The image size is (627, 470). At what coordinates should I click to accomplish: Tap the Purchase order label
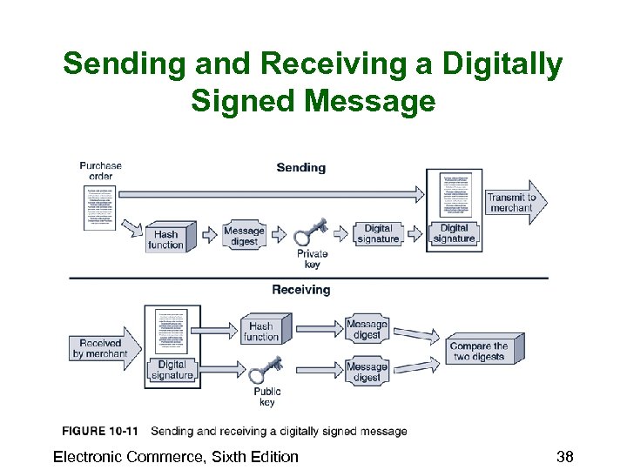[100, 171]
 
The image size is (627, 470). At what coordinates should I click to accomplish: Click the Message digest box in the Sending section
[243, 236]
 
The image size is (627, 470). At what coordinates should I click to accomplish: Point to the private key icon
[310, 232]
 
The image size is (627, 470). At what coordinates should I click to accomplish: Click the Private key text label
[313, 259]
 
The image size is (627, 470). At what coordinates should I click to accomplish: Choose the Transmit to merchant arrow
[514, 203]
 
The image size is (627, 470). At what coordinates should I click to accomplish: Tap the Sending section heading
[300, 167]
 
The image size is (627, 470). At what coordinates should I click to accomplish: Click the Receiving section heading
[300, 290]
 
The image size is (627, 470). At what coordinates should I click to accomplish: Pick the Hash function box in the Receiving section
[260, 332]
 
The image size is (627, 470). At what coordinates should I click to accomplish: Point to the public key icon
[265, 369]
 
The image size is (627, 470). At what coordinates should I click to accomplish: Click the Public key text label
[266, 397]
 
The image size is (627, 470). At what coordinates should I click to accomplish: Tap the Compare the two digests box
[482, 351]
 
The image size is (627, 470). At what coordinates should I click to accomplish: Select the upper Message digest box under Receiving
[367, 329]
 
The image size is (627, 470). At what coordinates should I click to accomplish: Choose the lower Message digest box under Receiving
[367, 372]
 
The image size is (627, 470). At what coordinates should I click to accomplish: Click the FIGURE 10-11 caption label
[99, 431]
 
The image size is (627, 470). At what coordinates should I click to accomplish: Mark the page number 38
[564, 457]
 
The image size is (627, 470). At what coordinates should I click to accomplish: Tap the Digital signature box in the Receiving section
[172, 370]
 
